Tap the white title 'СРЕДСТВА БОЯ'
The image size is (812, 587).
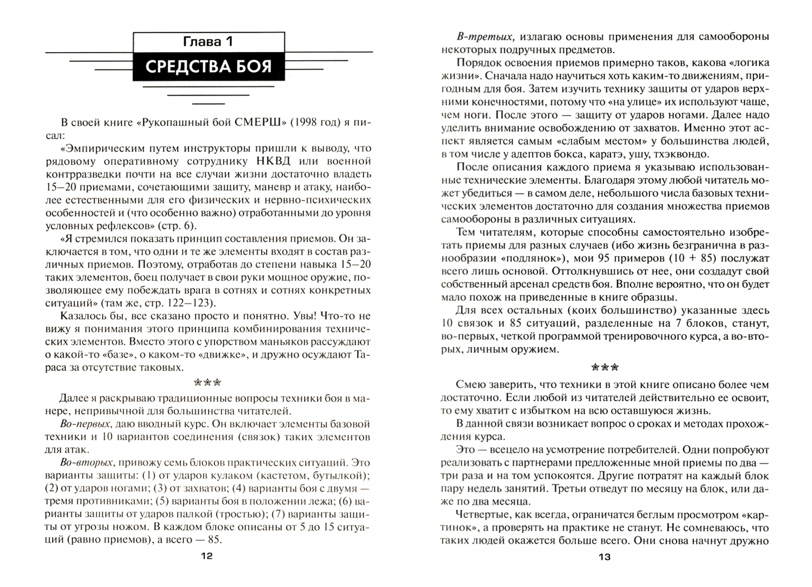click(209, 67)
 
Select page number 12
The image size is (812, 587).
click(207, 556)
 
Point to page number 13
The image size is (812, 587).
click(605, 557)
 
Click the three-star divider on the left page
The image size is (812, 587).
click(207, 382)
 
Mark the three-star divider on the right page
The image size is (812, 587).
click(605, 367)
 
